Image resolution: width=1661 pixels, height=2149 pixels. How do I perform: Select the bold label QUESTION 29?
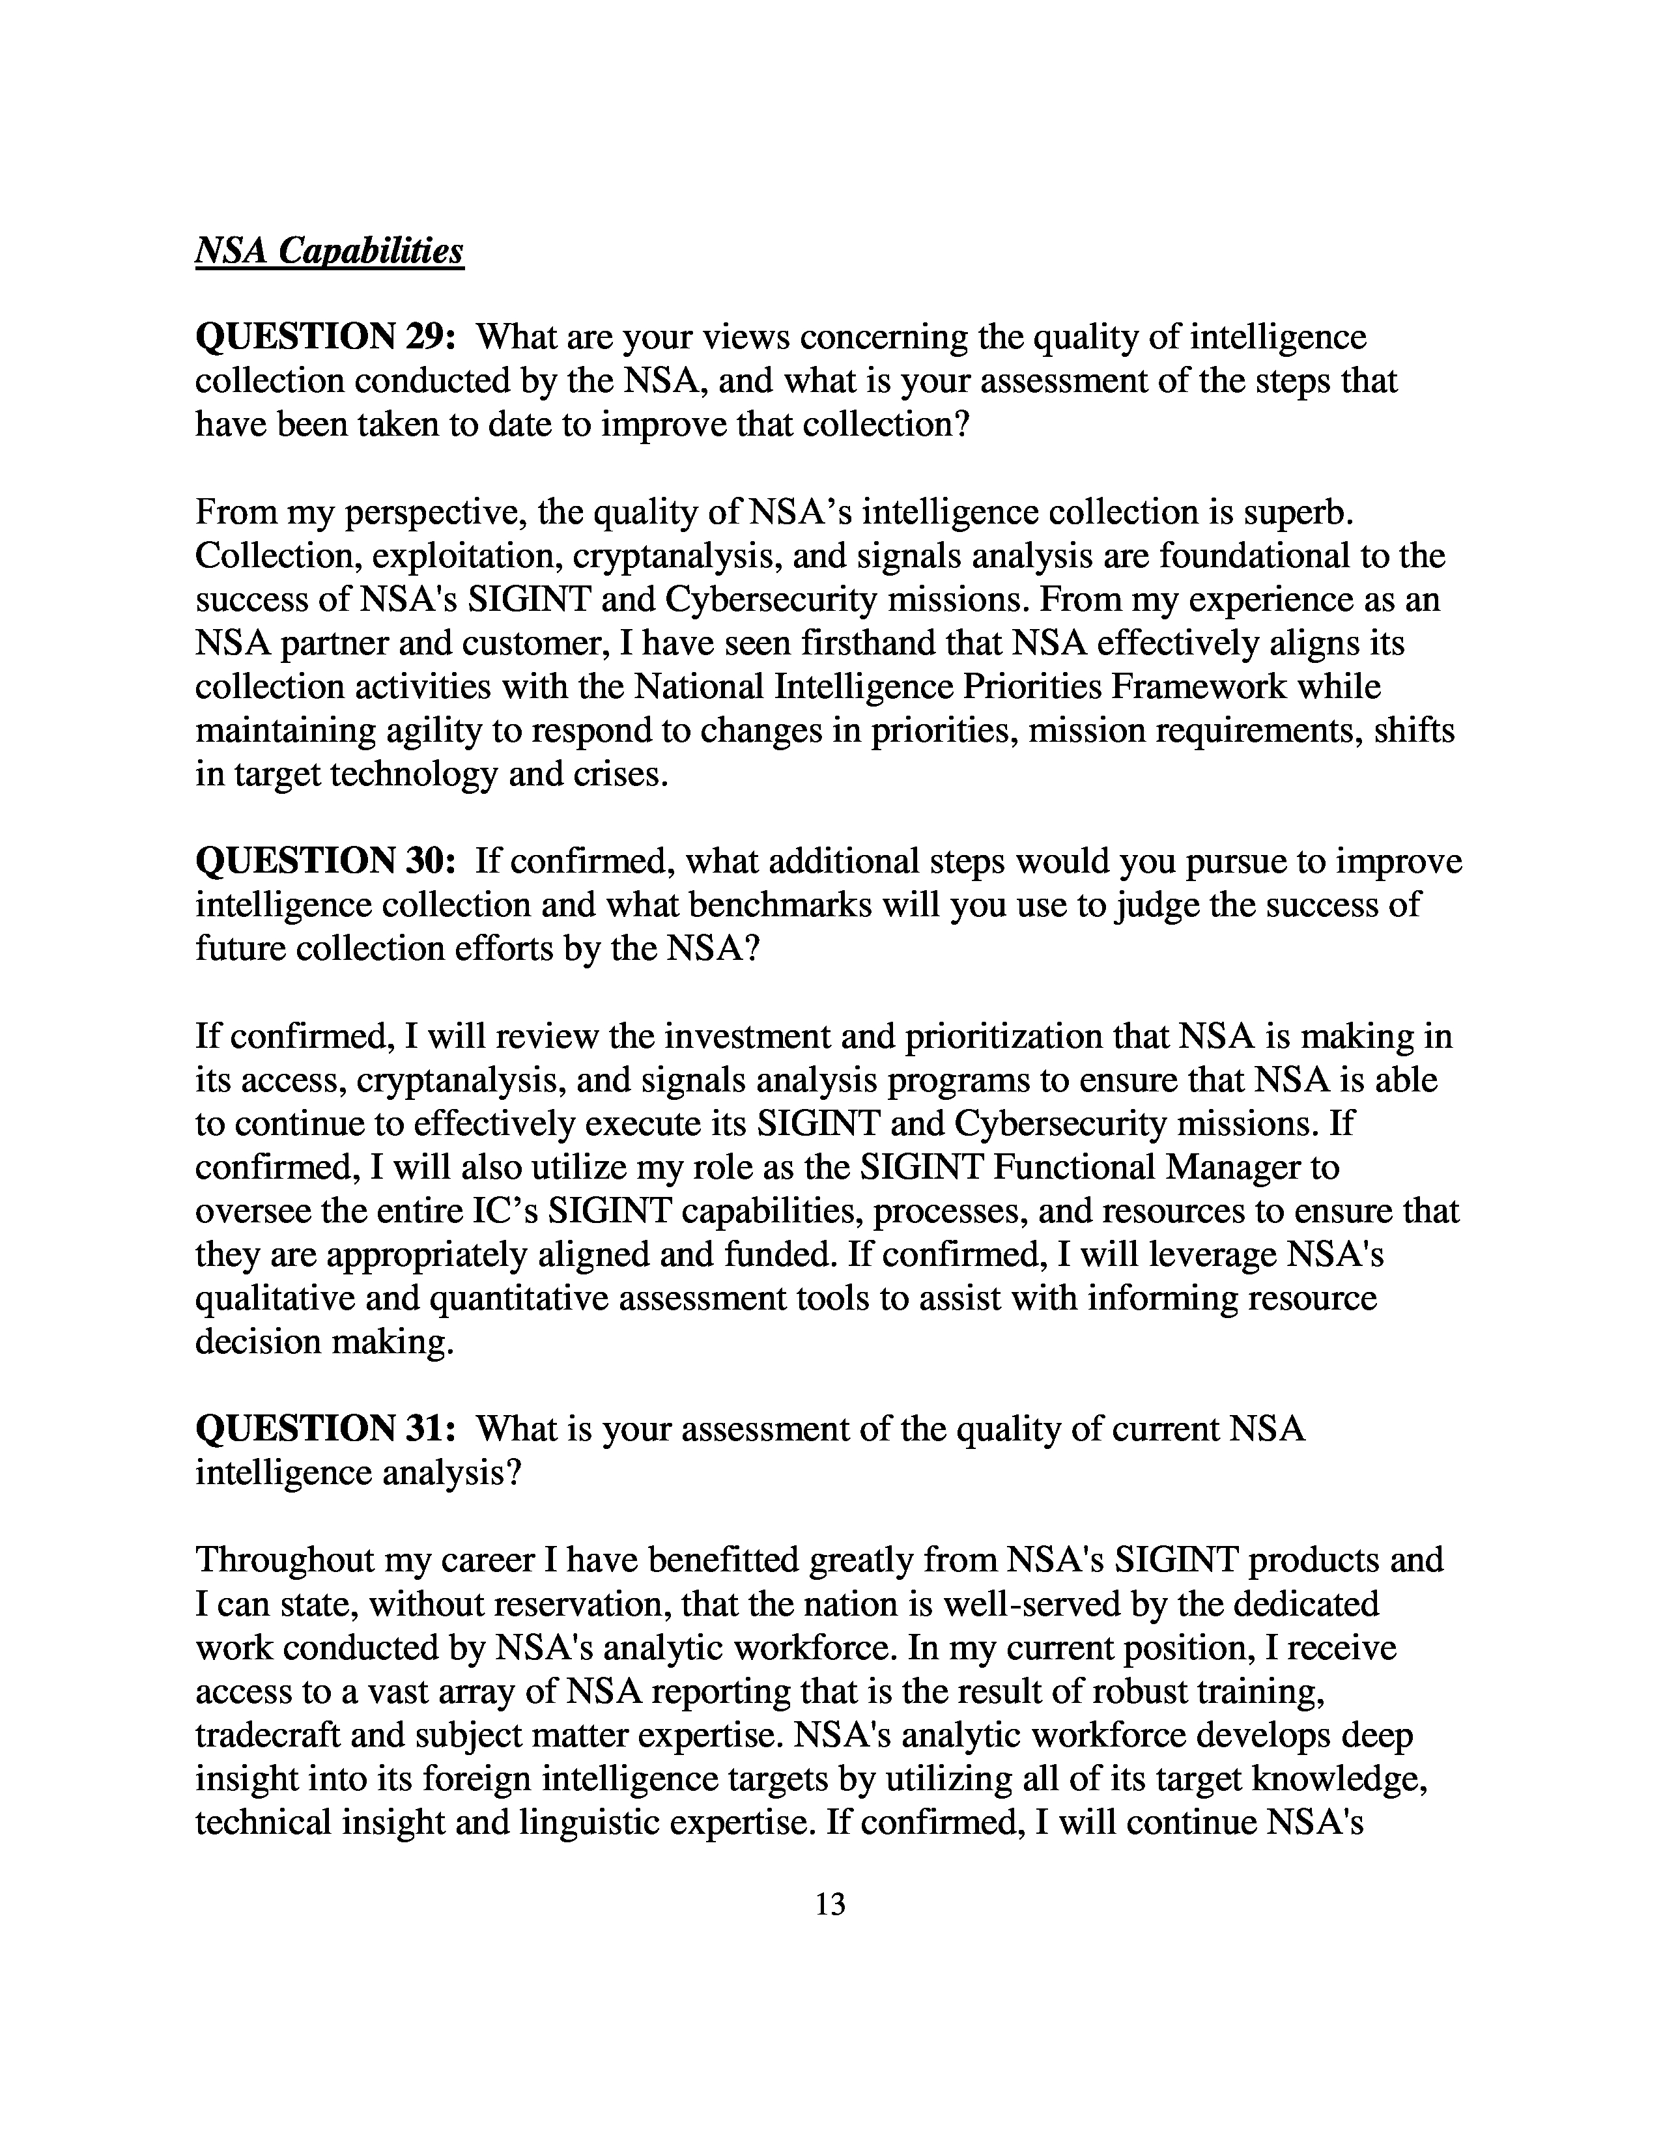pos(325,337)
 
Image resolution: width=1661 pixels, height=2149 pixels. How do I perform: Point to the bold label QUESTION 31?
pos(325,1429)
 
